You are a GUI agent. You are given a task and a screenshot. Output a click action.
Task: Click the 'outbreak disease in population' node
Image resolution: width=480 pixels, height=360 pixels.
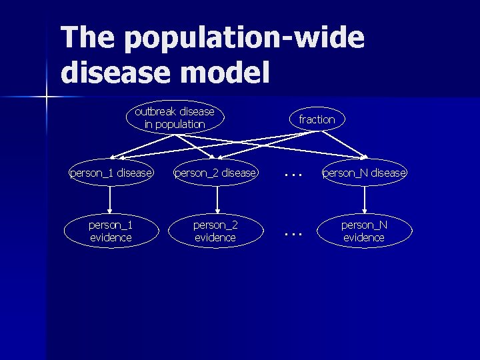click(x=175, y=118)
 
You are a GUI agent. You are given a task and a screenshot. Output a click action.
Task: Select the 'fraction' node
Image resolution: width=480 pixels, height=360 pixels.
click(x=317, y=119)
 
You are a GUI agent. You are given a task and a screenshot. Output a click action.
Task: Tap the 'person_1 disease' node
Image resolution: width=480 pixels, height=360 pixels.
click(x=111, y=173)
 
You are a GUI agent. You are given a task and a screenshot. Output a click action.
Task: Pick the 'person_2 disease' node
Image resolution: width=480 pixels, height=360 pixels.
click(x=215, y=173)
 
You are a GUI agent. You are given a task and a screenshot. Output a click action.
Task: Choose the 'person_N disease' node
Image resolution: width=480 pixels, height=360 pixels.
click(x=364, y=173)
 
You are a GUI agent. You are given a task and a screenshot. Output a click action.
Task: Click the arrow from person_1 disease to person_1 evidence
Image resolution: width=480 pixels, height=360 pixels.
click(x=111, y=200)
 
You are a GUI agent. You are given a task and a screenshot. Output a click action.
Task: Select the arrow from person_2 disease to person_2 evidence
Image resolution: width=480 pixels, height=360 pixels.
click(x=217, y=200)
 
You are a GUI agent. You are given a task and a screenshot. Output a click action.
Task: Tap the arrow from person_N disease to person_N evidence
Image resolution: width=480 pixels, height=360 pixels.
click(x=365, y=200)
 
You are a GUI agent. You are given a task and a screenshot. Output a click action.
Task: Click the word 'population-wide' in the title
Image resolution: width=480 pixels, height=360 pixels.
click(x=244, y=39)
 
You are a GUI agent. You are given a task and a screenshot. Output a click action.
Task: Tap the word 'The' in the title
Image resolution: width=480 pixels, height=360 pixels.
click(x=87, y=37)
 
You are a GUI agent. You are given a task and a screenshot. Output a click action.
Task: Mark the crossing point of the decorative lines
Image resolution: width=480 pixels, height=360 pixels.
click(x=47, y=98)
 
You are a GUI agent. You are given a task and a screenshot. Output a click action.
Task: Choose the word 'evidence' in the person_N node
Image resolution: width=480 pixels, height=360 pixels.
click(x=364, y=237)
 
